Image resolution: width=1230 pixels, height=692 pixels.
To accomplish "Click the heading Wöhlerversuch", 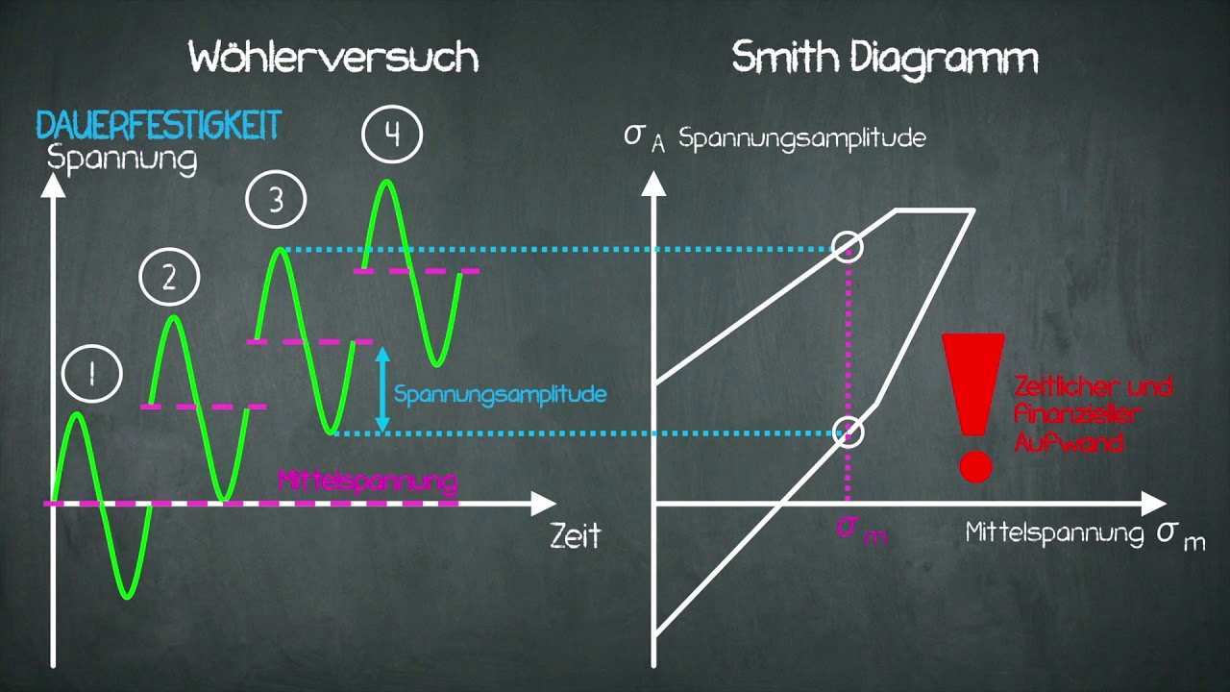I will click(x=333, y=58).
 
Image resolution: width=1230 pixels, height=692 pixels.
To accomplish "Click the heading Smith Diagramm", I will click(x=885, y=58).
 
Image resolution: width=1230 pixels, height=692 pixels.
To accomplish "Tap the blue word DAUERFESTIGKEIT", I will click(x=159, y=124).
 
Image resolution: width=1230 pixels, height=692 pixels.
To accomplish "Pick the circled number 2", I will click(x=169, y=278).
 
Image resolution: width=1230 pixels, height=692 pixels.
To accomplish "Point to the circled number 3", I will click(x=276, y=201).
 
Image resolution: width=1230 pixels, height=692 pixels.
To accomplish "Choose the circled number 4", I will click(x=392, y=136).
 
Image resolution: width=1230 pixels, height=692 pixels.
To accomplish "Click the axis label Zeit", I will click(x=576, y=534).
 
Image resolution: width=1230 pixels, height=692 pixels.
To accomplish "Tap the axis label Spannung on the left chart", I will click(x=122, y=157).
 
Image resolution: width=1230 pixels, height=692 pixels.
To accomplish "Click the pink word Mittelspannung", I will click(x=367, y=480).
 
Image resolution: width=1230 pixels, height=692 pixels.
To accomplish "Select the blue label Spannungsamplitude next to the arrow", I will click(x=500, y=394).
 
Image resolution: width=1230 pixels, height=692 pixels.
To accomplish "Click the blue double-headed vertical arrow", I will click(x=382, y=388).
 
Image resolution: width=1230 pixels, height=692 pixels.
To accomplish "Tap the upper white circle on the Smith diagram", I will click(x=848, y=247).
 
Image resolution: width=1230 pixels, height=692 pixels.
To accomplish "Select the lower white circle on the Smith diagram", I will click(x=848, y=432).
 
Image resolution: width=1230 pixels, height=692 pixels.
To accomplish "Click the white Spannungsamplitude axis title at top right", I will click(x=801, y=137).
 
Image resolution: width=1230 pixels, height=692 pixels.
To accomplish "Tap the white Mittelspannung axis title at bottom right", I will click(x=1053, y=532).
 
